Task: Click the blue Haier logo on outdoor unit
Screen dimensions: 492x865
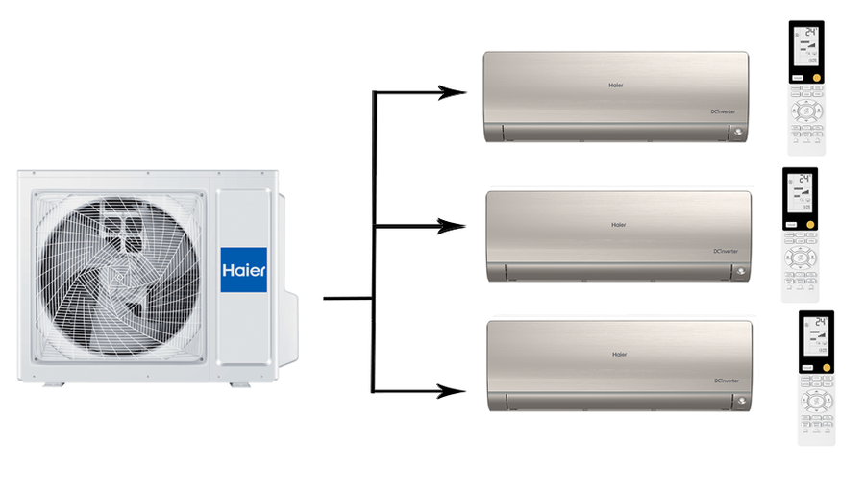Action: (244, 270)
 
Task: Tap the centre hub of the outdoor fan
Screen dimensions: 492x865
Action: (120, 277)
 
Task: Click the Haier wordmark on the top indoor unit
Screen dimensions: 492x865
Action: (616, 85)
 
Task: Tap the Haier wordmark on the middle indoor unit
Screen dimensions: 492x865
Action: (619, 225)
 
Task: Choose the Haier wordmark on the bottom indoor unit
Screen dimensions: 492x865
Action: (619, 354)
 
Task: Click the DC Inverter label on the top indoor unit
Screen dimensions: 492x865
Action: (723, 111)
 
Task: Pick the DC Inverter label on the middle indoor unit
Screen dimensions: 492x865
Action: (726, 251)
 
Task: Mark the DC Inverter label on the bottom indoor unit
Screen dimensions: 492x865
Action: (726, 381)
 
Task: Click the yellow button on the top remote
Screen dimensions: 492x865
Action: (817, 75)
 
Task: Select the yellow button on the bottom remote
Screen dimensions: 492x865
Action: (823, 366)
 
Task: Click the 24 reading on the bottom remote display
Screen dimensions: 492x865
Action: (819, 323)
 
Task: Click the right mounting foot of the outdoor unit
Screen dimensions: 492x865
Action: (239, 384)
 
